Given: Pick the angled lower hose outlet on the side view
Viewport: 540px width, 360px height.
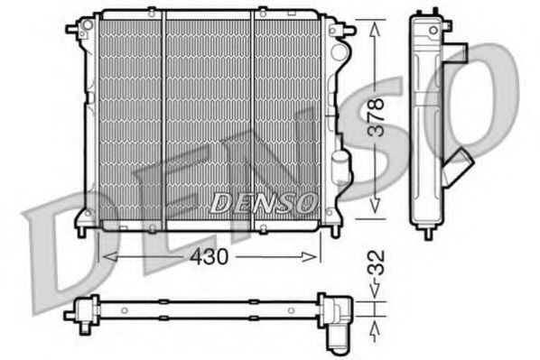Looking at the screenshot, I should pos(460,168).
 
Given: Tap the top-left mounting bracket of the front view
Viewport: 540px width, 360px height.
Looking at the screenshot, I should pos(74,29).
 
